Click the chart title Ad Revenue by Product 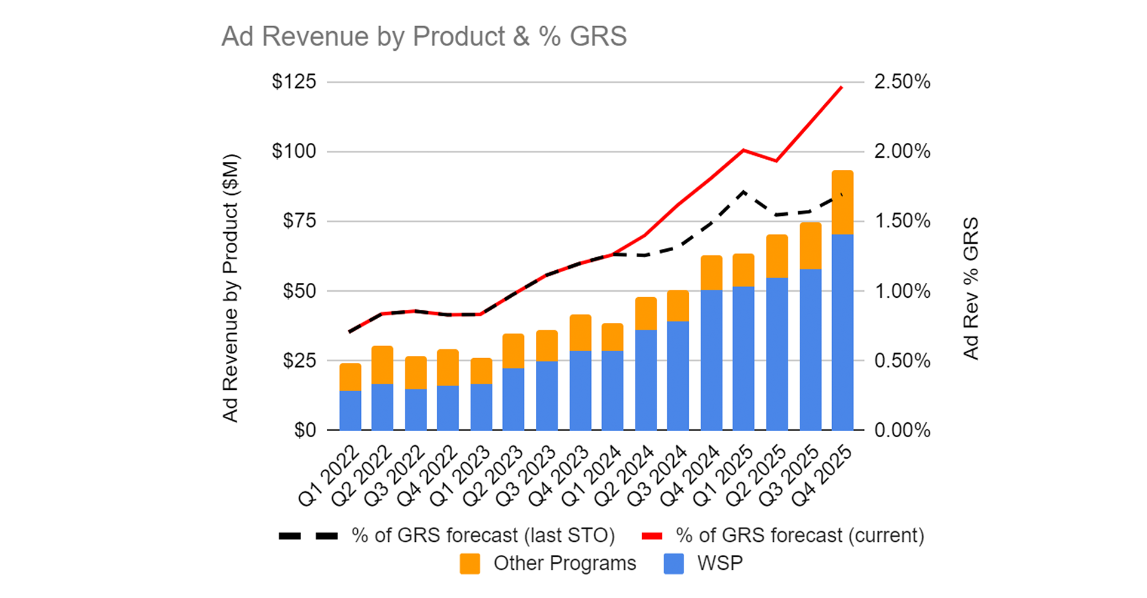coord(424,36)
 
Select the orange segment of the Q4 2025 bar coord(842,202)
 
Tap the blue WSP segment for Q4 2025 coord(842,332)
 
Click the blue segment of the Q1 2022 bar coord(350,410)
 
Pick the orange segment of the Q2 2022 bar coord(382,365)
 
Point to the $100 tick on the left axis coord(294,151)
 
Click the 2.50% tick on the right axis coord(902,82)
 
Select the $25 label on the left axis coord(299,361)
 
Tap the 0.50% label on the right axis coord(902,361)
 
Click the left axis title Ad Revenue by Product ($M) coord(231,288)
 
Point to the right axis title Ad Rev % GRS coord(971,288)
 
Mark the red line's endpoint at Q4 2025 coord(842,87)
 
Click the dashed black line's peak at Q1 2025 coord(743,191)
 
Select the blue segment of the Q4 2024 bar coord(711,360)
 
